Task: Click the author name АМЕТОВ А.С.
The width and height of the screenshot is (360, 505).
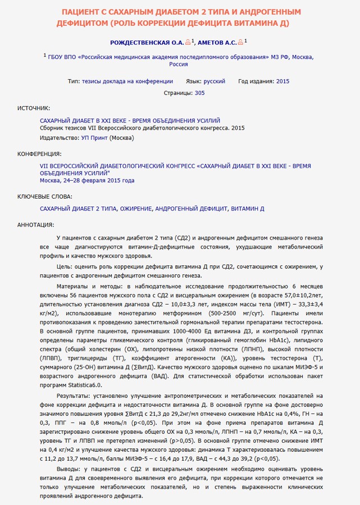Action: pyautogui.click(x=216, y=42)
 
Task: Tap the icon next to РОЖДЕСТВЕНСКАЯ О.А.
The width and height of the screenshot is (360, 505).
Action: pyautogui.click(x=188, y=42)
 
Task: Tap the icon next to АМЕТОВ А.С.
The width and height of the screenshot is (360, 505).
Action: pyautogui.click(x=240, y=42)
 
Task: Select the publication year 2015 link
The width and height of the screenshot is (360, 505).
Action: pyautogui.click(x=282, y=81)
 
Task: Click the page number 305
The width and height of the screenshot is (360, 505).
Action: pyautogui.click(x=199, y=93)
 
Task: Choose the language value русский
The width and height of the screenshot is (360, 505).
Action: pyautogui.click(x=215, y=81)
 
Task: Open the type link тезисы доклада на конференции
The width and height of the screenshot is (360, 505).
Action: pyautogui.click(x=127, y=81)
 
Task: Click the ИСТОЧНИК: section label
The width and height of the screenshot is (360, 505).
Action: pyautogui.click(x=34, y=108)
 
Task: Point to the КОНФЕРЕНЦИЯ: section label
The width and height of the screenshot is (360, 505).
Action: pyautogui.click(x=40, y=154)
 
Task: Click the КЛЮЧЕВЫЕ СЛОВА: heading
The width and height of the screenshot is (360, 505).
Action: pyautogui.click(x=45, y=196)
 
